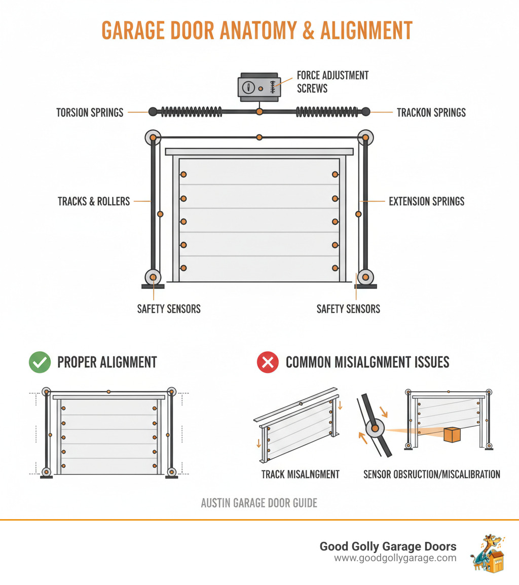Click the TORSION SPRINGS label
tap(90, 113)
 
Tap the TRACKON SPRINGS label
tap(431, 113)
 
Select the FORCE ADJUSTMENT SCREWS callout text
tap(332, 82)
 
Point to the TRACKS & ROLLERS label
tap(94, 201)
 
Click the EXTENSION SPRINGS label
tap(426, 201)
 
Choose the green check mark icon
tap(40, 362)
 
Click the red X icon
tap(268, 362)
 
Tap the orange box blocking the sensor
tap(452, 434)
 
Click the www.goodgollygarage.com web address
tap(395, 558)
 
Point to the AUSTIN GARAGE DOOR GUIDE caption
tap(259, 503)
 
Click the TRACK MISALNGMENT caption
tap(301, 474)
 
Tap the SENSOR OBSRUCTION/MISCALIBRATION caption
tap(432, 474)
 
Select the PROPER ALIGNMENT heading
tap(107, 362)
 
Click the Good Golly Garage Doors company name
tap(388, 546)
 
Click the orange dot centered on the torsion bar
tap(259, 112)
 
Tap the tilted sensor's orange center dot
tap(374, 429)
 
